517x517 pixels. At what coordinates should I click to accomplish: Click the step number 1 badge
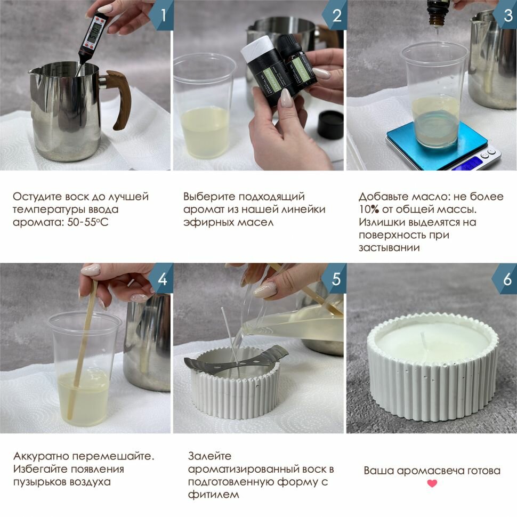coord(162,15)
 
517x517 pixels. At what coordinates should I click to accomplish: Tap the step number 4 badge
coord(162,279)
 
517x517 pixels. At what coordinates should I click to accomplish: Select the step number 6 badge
coord(506,279)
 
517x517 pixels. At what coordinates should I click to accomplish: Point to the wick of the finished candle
coord(423,342)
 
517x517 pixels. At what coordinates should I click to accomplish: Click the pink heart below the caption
coord(432,483)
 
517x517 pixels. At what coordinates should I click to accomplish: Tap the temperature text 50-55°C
coord(88,222)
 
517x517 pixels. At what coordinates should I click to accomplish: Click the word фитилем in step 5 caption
coord(213,495)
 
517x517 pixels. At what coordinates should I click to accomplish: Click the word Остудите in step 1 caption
coord(37,197)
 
